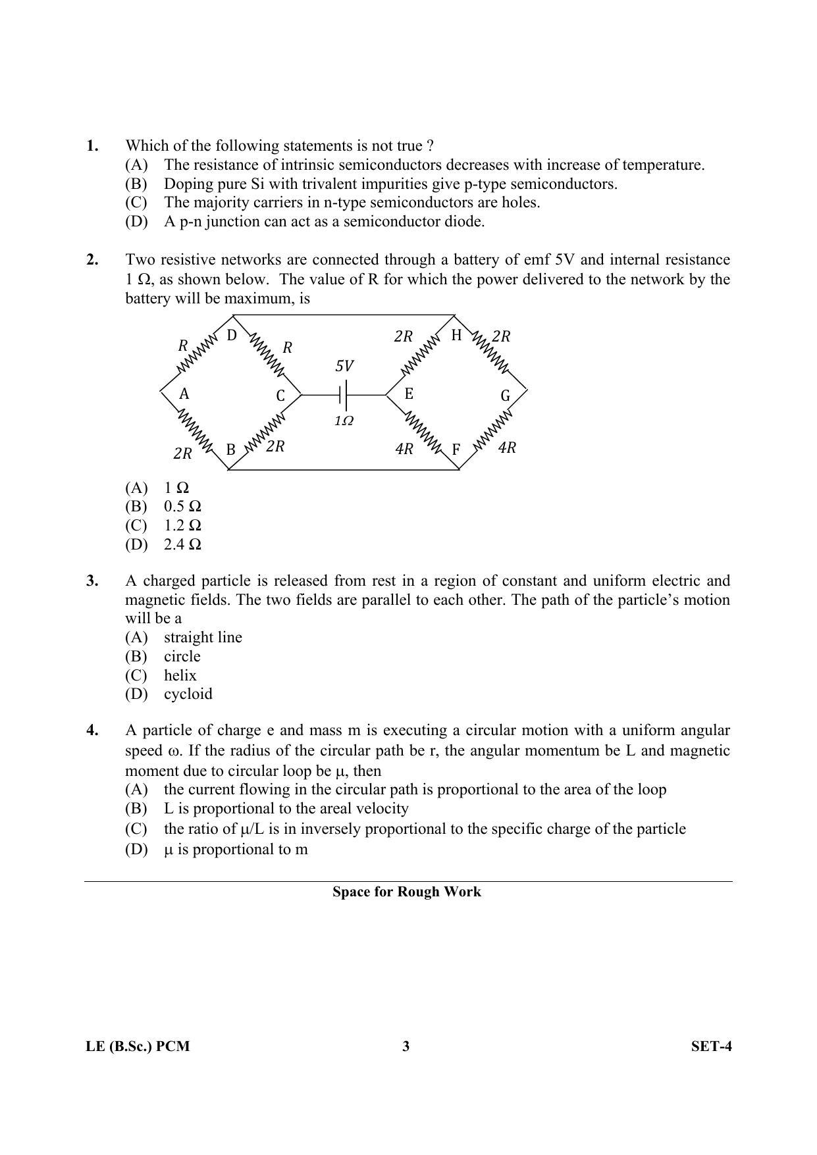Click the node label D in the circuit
232,336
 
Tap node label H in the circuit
456,336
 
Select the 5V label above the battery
344,366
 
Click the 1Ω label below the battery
344,421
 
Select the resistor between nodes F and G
492,432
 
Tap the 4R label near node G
507,448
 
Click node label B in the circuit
231,450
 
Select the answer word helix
180,675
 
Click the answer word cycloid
188,694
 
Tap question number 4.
92,731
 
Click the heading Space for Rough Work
407,892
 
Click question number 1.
92,145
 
